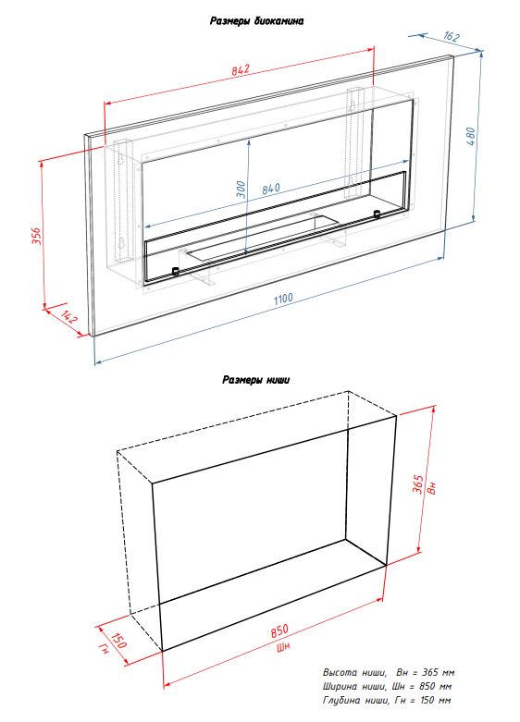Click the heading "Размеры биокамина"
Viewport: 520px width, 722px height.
[257, 21]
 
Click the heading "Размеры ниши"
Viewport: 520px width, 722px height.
[256, 380]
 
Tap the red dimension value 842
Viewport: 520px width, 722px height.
[241, 69]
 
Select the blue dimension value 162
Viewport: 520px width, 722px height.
[452, 36]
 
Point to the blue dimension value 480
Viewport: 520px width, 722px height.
[472, 137]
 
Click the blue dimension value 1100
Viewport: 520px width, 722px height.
[283, 299]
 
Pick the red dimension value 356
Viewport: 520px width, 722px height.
[37, 236]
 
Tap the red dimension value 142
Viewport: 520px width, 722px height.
[69, 317]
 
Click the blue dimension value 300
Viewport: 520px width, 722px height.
[241, 190]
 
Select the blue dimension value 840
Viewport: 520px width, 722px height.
[271, 189]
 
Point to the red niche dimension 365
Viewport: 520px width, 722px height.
[417, 484]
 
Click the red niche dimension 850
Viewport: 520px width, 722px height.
[279, 630]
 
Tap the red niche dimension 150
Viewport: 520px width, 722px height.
[118, 640]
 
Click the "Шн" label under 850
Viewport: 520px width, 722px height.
[283, 647]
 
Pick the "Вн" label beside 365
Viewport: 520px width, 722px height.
[431, 487]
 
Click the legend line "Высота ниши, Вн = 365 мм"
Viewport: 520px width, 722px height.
[389, 673]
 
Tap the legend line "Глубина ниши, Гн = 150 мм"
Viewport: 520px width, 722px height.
[387, 701]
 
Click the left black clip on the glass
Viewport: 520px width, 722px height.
[175, 271]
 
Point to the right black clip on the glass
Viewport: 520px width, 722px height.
[378, 214]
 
